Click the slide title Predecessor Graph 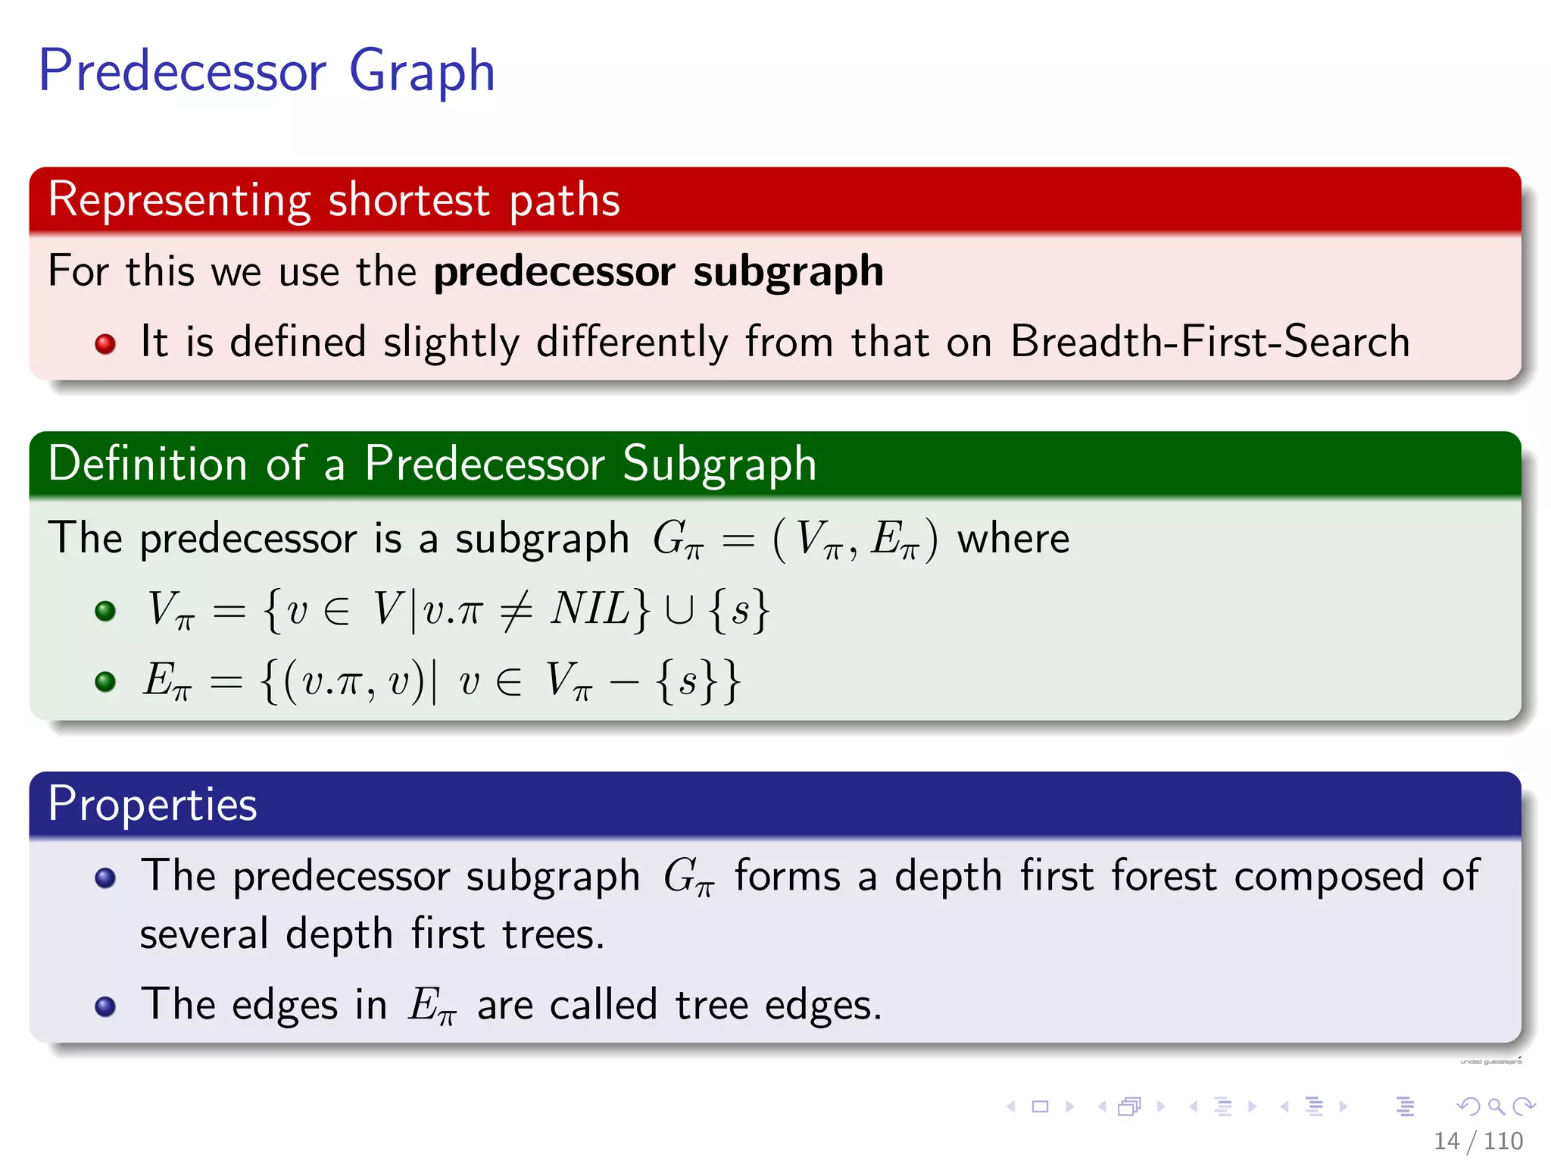(267, 71)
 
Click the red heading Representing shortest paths (333, 200)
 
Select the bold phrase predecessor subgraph (658, 271)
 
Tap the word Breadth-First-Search (1209, 341)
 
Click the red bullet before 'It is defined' (105, 344)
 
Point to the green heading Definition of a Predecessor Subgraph (432, 464)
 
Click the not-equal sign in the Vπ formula (516, 610)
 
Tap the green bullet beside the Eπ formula (105, 681)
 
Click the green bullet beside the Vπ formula (105, 611)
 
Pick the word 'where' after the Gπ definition (1013, 539)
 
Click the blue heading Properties (152, 804)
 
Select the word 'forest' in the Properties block (1164, 876)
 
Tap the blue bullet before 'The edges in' (105, 1006)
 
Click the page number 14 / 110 (1478, 1141)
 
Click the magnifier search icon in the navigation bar (1496, 1106)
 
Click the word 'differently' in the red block (632, 343)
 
